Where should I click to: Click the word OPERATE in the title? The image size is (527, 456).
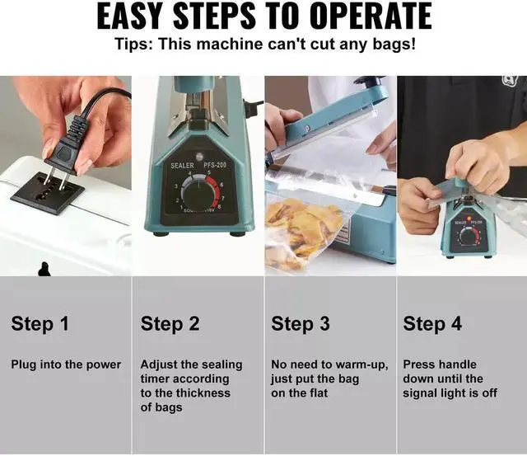click(371, 16)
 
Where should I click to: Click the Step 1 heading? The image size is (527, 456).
click(40, 324)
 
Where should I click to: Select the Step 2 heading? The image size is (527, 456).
click(170, 324)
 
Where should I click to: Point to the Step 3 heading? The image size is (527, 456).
click(301, 324)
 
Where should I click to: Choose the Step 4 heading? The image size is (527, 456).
click(432, 324)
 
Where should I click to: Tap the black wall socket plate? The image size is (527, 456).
click(48, 193)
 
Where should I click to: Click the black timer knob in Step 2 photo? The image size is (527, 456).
click(199, 195)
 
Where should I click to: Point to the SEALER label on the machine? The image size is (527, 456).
click(182, 166)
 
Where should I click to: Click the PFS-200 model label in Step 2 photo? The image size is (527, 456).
click(215, 165)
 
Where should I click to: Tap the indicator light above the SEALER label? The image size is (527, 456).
click(200, 156)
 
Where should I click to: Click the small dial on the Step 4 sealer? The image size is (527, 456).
click(468, 236)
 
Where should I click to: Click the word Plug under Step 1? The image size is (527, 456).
click(23, 365)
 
